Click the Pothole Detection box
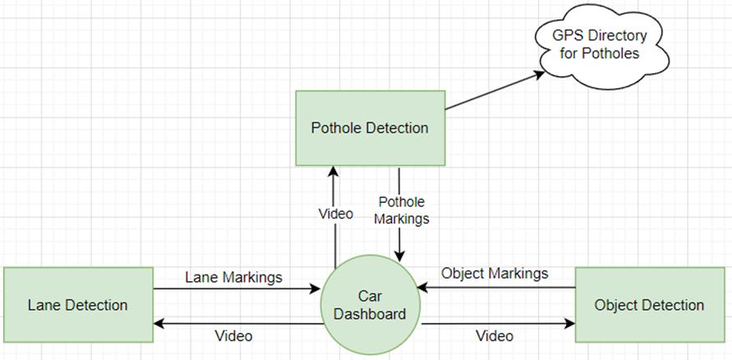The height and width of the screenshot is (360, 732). point(370,127)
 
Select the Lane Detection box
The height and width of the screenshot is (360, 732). point(78,305)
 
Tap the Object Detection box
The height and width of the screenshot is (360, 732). point(649,305)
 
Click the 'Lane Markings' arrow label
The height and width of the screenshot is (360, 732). point(233,277)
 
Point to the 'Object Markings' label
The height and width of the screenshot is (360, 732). point(495,273)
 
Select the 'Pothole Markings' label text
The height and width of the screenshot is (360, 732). point(403,210)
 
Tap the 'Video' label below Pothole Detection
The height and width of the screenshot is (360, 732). point(335,214)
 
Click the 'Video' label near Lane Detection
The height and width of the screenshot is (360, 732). point(233,336)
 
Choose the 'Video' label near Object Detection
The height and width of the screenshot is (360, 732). point(495,336)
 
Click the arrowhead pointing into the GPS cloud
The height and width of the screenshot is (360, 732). point(540,73)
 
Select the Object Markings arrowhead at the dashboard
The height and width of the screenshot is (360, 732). point(423,288)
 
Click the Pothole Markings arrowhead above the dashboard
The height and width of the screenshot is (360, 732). point(399,257)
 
